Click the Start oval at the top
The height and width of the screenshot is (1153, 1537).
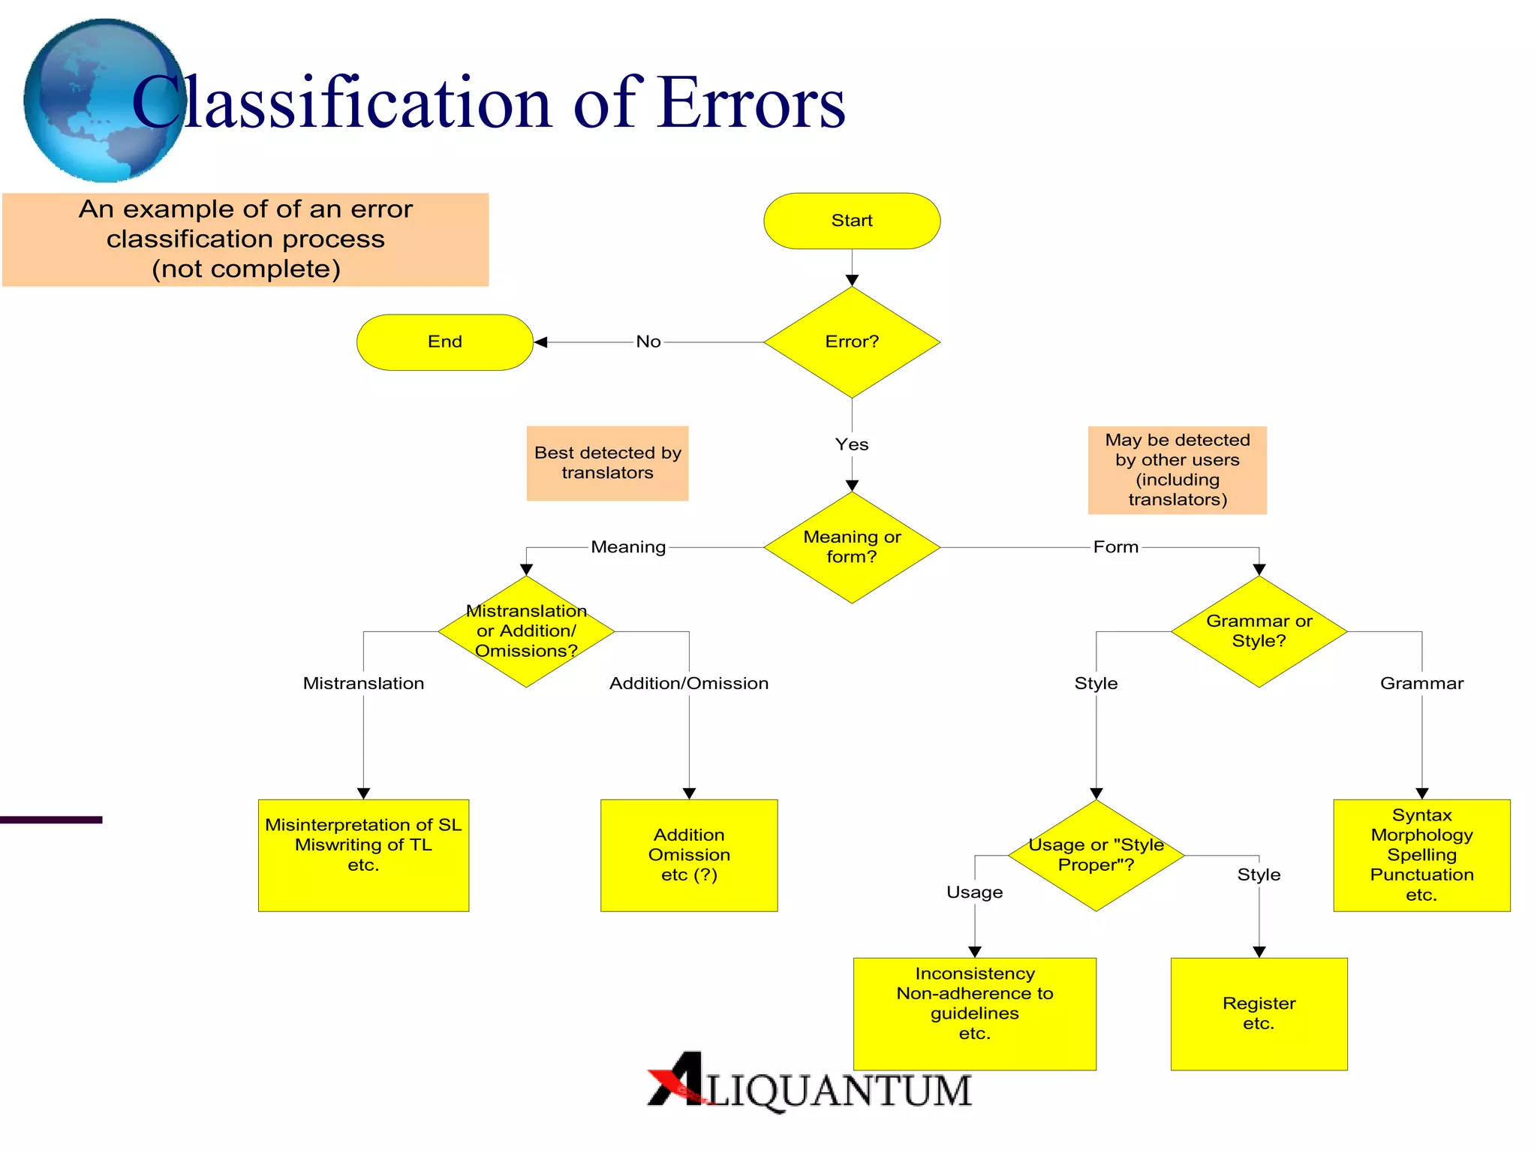coord(852,221)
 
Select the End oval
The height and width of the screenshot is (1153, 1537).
coord(444,342)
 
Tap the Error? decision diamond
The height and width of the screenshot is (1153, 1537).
coord(852,342)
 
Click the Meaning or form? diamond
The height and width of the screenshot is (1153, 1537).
coord(852,547)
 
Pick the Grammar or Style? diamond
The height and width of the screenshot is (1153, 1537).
coord(1259,631)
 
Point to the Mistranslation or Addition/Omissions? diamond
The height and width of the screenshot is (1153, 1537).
coord(526,631)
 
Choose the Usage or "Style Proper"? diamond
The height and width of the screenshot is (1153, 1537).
coord(1096,855)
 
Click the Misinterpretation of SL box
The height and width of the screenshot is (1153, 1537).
coord(363,855)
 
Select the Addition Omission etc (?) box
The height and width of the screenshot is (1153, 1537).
coord(689,855)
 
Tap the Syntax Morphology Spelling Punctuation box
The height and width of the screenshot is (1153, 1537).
coord(1421,855)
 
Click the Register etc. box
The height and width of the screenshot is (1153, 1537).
coord(1259,1013)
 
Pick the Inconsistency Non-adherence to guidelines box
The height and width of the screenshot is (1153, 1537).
coord(974,1013)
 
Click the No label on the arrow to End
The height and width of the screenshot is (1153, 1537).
coord(648,342)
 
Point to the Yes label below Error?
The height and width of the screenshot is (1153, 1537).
coord(852,444)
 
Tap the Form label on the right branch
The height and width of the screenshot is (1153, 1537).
coord(1115,547)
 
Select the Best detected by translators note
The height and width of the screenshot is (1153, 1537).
coord(607,463)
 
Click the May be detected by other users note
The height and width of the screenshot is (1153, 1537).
coord(1177,470)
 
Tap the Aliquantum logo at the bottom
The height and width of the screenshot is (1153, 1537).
coord(809,1083)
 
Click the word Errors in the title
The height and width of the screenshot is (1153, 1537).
coord(750,104)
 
